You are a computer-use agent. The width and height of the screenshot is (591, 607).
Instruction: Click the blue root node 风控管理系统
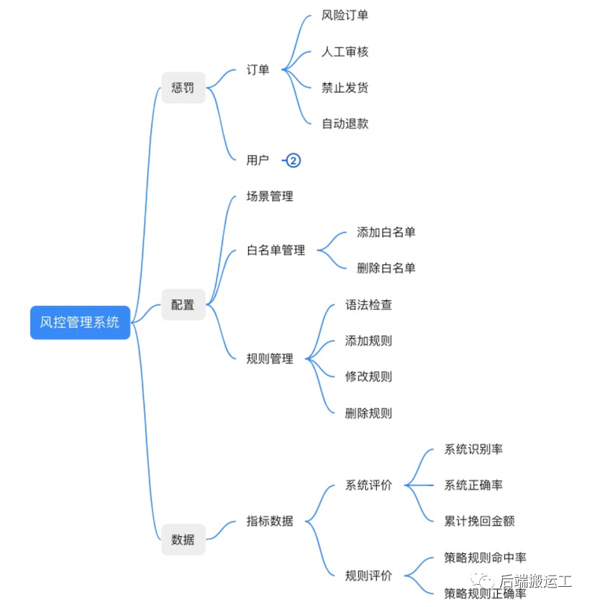tap(80, 322)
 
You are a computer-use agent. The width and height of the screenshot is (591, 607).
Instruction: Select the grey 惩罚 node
tap(183, 88)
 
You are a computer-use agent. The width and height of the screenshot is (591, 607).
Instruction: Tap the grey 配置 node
tap(183, 305)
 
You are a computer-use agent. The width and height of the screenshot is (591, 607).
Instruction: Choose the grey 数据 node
tap(183, 539)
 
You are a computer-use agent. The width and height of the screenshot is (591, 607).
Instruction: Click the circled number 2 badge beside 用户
tap(293, 161)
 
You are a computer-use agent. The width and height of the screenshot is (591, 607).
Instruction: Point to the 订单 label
tap(258, 70)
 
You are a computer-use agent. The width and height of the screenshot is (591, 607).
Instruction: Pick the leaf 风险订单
tap(345, 15)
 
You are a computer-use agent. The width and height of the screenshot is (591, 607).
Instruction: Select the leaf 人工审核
tap(345, 51)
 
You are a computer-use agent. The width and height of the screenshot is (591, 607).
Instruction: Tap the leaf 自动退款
tap(345, 124)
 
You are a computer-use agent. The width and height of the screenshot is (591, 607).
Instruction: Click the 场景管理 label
tap(270, 196)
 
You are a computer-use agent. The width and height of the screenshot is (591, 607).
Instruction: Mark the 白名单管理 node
tap(276, 250)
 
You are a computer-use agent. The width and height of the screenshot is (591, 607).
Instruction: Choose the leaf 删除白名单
tap(386, 268)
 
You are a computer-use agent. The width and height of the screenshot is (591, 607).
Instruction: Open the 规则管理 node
tap(270, 359)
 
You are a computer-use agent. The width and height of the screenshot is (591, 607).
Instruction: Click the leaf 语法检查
tap(369, 305)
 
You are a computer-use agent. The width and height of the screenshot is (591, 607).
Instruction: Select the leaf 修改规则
tap(369, 376)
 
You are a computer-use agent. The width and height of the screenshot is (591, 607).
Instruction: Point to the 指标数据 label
tap(270, 521)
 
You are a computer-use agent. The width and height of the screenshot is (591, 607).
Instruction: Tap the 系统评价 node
tap(369, 485)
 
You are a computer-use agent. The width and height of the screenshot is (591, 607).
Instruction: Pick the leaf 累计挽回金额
tap(479, 521)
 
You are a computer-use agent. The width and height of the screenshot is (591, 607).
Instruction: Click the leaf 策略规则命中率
tap(485, 558)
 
